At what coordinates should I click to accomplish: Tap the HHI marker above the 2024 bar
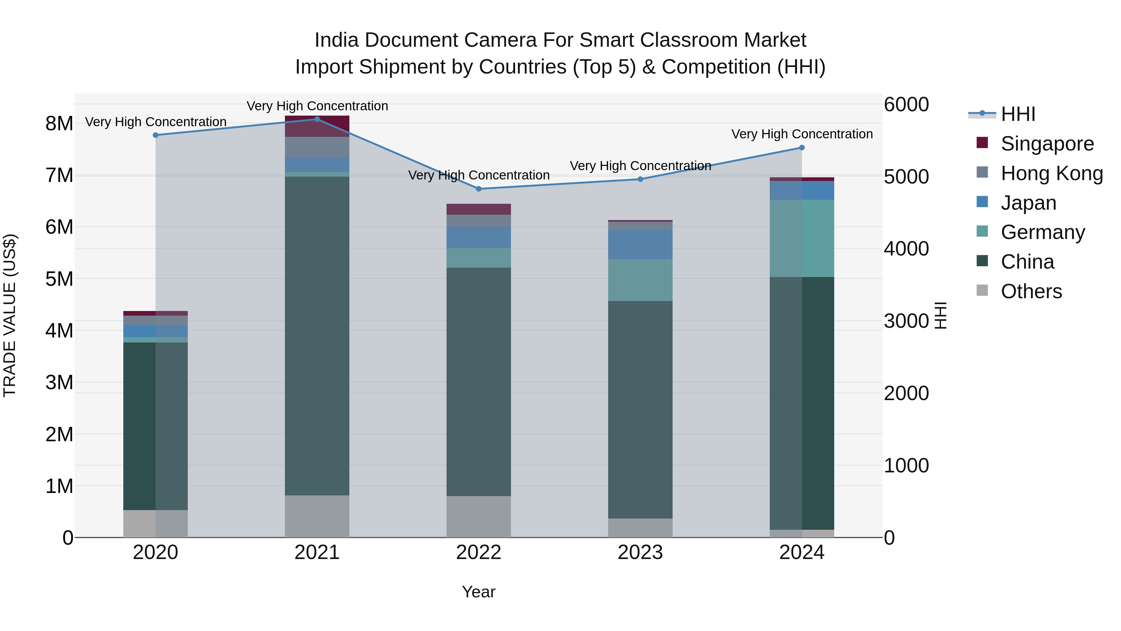click(x=802, y=148)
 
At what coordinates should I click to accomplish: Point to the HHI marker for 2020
click(x=155, y=135)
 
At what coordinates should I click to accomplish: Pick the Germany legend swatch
click(x=982, y=232)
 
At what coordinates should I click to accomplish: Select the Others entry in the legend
click(x=1031, y=291)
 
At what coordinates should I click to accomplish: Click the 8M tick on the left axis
click(x=59, y=124)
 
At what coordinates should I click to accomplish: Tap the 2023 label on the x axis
click(x=640, y=552)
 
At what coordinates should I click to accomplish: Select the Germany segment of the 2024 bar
click(x=802, y=238)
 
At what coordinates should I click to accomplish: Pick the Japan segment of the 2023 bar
click(x=640, y=245)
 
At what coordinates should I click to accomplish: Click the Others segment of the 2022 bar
click(x=479, y=516)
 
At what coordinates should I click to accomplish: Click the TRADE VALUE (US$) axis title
click(x=10, y=315)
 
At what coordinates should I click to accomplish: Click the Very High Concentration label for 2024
click(x=802, y=134)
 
